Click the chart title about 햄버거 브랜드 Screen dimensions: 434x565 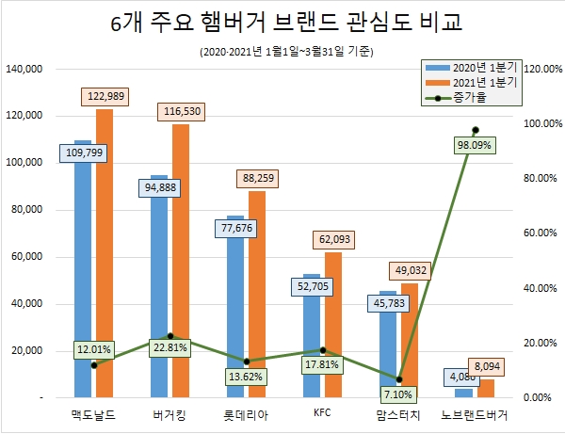coord(282,23)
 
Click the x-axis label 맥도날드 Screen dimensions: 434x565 coord(93,414)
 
